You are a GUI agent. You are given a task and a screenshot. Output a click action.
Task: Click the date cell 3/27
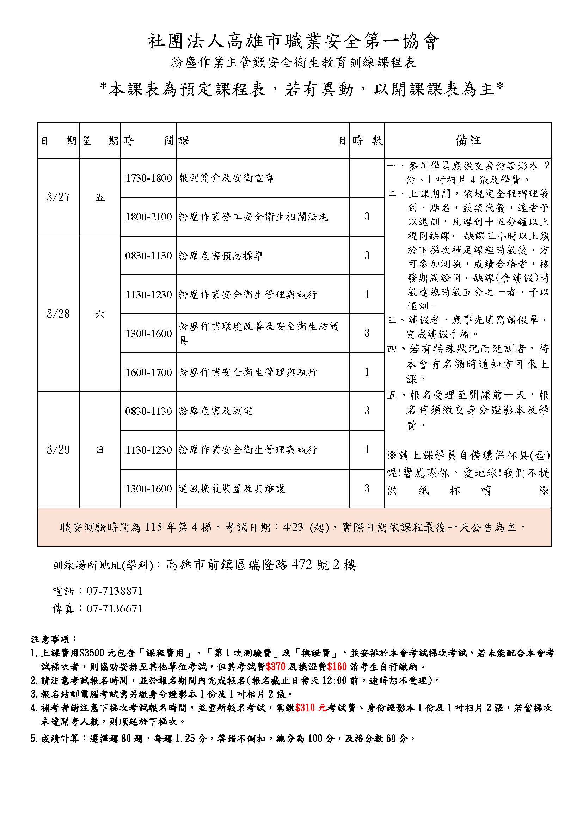click(x=58, y=197)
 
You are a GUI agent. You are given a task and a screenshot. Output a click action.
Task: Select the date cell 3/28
click(x=58, y=314)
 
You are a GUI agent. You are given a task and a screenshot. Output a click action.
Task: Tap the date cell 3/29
click(x=58, y=449)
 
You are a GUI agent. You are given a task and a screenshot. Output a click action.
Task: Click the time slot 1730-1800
click(x=148, y=178)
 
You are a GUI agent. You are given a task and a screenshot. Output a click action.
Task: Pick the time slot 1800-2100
click(x=148, y=217)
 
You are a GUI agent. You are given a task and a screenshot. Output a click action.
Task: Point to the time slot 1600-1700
click(x=148, y=372)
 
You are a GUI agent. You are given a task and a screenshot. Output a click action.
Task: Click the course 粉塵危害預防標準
click(x=221, y=255)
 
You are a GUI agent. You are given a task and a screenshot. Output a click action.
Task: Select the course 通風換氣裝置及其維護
click(x=232, y=488)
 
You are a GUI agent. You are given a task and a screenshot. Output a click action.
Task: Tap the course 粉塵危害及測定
click(x=215, y=411)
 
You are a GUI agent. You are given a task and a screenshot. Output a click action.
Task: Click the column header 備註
click(x=468, y=140)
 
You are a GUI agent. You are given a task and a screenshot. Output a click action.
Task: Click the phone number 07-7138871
click(x=115, y=591)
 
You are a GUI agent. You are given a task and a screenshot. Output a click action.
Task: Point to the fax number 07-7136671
click(x=115, y=608)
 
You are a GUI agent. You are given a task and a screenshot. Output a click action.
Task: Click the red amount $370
click(x=275, y=667)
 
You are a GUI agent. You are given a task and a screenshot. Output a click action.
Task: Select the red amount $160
click(x=337, y=667)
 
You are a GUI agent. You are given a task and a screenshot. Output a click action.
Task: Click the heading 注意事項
click(x=54, y=639)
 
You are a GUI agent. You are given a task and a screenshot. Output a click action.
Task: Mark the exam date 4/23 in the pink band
click(x=293, y=527)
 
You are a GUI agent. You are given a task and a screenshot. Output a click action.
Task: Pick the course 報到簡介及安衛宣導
click(x=226, y=178)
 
